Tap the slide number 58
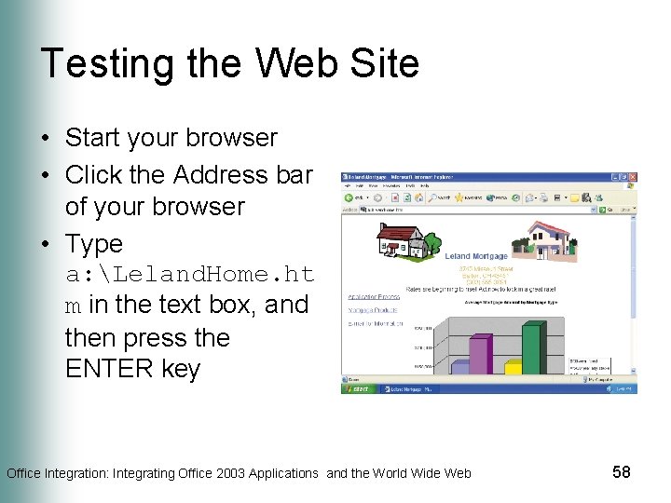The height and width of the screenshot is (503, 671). pos(622,472)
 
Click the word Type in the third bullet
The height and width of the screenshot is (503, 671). pos(94,244)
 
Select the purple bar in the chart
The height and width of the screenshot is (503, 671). pos(479,355)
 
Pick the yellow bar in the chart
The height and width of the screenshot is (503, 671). pos(513,367)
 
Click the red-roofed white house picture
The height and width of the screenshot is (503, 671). pos(396,241)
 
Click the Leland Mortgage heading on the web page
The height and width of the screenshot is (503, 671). pos(476,256)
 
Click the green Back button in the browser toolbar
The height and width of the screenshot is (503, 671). pos(349,197)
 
